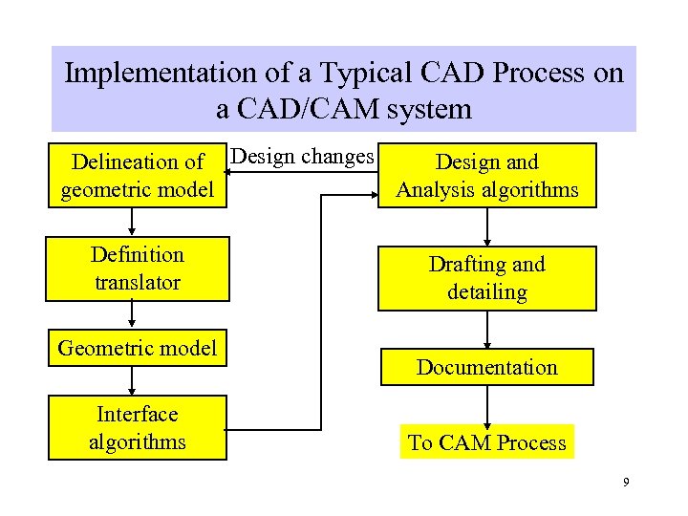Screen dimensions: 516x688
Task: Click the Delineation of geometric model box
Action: pos(138,176)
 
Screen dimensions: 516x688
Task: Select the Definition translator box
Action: pos(138,269)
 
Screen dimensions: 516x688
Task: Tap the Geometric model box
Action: pos(138,349)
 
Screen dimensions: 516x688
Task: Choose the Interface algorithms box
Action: pos(138,428)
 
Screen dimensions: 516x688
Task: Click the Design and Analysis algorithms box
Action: pos(487,176)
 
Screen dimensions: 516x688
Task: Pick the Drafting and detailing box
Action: pos(487,278)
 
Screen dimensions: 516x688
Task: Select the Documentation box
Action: pos(487,368)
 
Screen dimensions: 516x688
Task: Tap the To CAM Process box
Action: pos(487,442)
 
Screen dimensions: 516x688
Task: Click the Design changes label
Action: pos(303,157)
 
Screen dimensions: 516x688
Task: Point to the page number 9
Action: pos(626,484)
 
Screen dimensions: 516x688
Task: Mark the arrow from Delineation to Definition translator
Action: pos(133,221)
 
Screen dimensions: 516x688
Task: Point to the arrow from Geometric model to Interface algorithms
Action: pos(133,381)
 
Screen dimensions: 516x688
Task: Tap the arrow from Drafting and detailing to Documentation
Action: pos(487,331)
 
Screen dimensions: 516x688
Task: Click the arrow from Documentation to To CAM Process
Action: pos(487,405)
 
